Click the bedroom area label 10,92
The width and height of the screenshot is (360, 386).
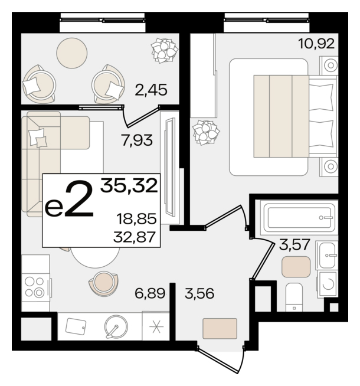tap(316, 44)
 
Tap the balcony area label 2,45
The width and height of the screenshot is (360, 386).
tap(151, 90)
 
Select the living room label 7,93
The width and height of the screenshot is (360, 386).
tap(137, 140)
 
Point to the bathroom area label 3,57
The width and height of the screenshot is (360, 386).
tap(294, 245)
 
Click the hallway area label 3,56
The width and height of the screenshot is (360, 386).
tap(199, 293)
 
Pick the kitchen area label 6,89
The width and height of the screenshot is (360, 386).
tap(150, 293)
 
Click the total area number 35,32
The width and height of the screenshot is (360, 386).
tap(129, 185)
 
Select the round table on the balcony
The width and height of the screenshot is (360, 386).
tap(71, 53)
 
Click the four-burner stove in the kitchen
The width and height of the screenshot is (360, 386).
tap(36, 287)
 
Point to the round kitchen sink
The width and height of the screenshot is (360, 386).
tap(116, 326)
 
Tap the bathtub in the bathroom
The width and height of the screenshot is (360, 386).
tap(299, 217)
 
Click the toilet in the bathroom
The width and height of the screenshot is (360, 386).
tap(294, 297)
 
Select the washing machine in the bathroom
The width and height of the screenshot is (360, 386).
tap(328, 284)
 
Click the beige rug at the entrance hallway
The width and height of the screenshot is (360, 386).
tap(220, 328)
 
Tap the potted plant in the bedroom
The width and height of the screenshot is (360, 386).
tap(206, 132)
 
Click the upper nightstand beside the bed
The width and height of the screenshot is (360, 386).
tap(329, 66)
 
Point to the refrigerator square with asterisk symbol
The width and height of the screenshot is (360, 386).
tap(156, 326)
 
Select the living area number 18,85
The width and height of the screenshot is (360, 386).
tap(136, 218)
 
